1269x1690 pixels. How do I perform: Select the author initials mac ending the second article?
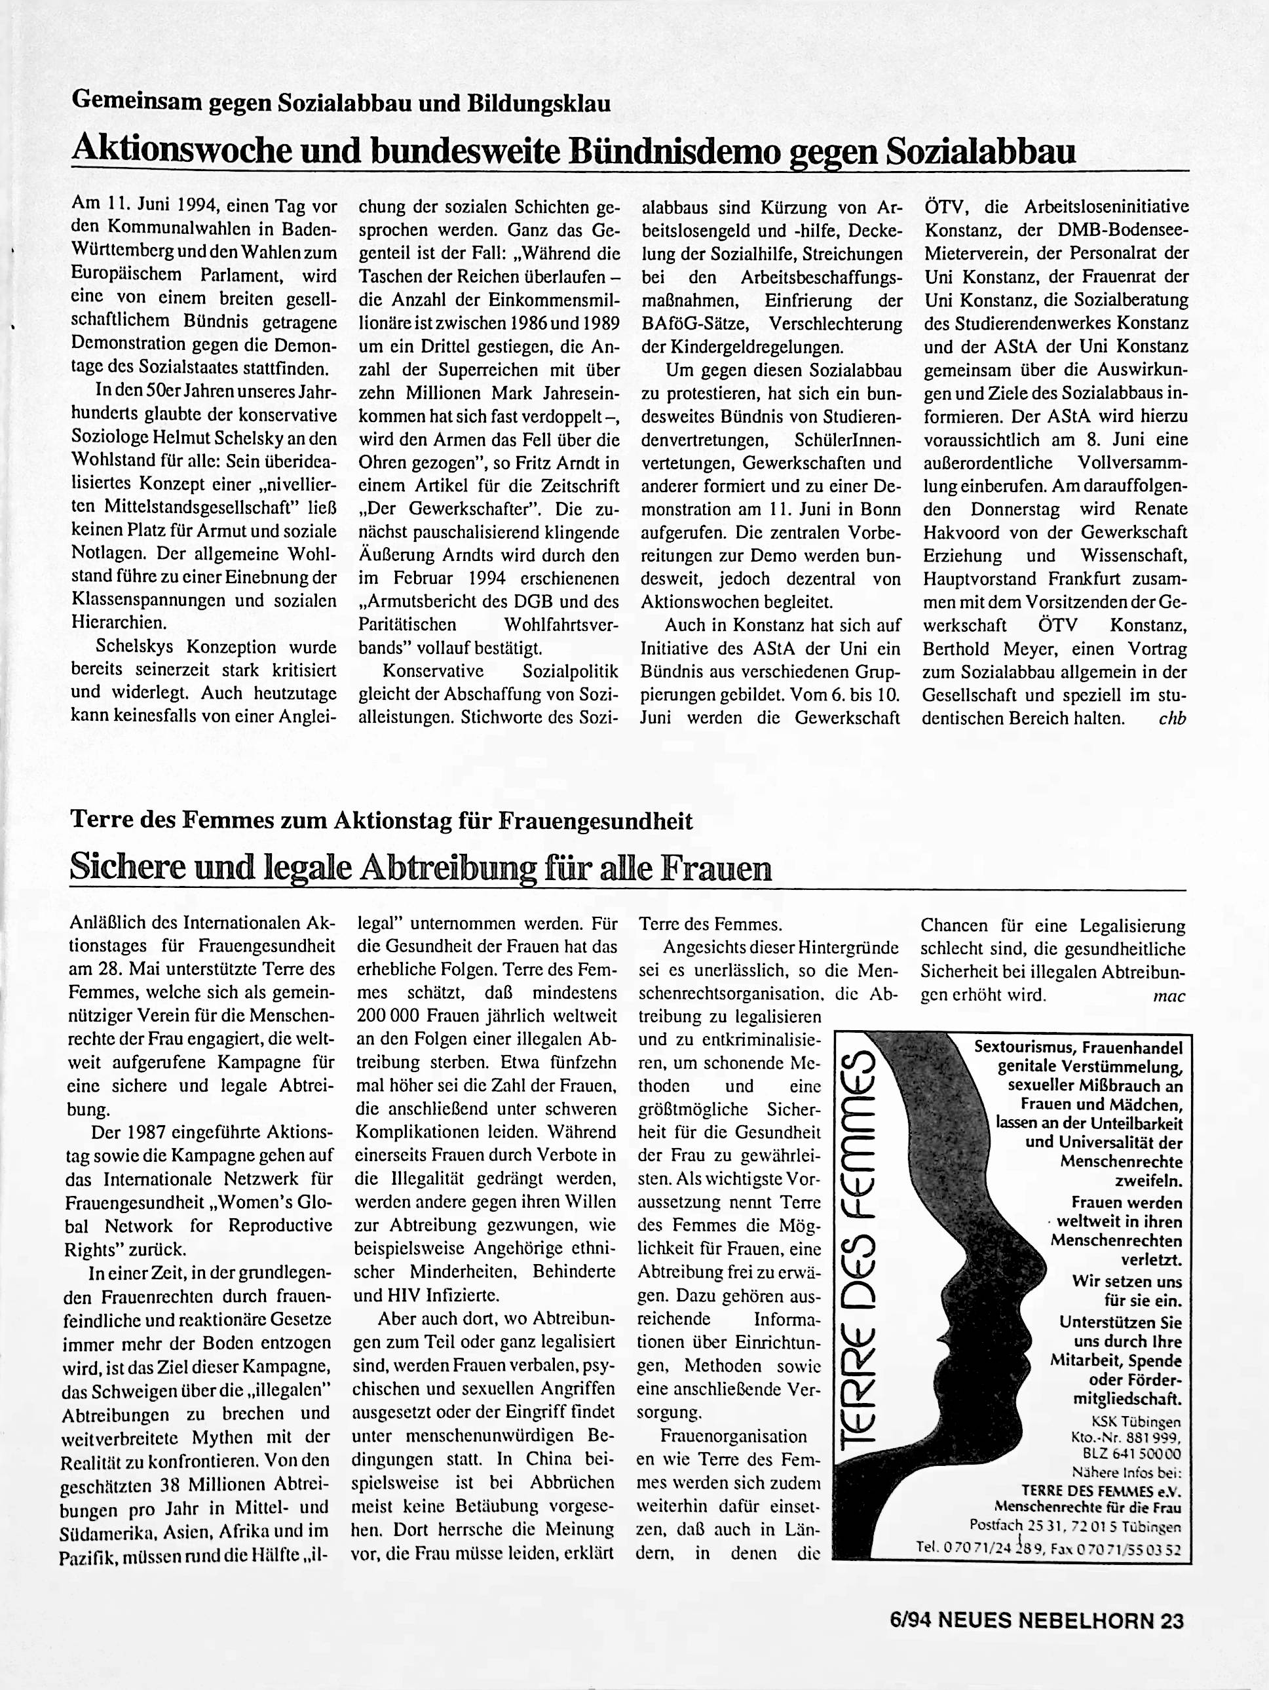tap(1169, 996)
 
